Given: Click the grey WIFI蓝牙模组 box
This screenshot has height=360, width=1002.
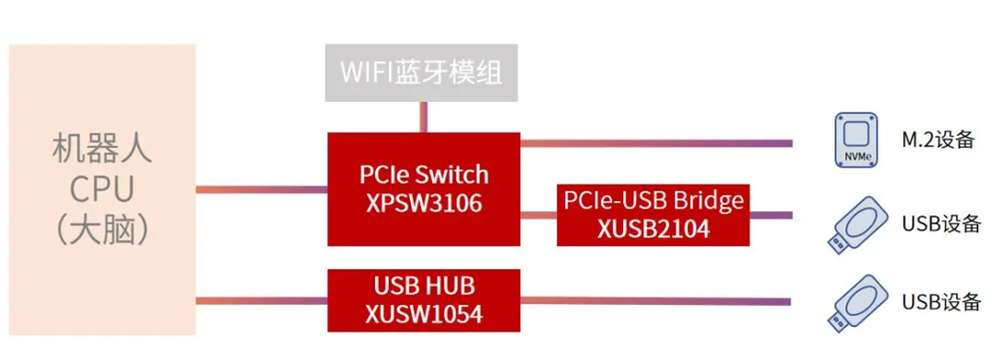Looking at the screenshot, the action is (421, 73).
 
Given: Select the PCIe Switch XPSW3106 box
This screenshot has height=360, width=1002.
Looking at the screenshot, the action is (424, 189).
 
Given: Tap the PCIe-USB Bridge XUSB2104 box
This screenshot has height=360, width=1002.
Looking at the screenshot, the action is (653, 214).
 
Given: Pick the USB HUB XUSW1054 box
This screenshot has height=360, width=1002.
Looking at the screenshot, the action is (424, 300).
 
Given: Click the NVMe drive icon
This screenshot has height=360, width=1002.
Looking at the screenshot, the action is (857, 141).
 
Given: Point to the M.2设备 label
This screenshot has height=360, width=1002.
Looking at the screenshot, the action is (938, 140).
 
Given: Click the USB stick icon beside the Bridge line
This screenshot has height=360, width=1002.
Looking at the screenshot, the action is (857, 224).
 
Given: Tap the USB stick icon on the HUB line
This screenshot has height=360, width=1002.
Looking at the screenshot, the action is (857, 303).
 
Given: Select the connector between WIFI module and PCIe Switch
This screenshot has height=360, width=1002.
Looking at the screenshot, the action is (423, 117).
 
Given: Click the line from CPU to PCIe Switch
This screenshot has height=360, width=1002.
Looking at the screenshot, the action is (261, 189).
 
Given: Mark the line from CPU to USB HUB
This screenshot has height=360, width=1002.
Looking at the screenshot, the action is (261, 300).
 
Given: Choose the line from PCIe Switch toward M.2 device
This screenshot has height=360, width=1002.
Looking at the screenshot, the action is (656, 143).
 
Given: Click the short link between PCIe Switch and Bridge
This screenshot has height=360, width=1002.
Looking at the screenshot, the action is (538, 214).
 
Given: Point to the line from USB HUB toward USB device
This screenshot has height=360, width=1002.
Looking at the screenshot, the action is (656, 301).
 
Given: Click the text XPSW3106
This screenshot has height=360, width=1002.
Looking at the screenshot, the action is (424, 203).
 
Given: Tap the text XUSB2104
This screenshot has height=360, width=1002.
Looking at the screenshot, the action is (653, 228).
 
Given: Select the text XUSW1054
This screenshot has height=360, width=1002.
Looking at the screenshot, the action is (424, 314).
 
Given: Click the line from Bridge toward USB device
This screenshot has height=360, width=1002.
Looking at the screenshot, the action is (771, 214).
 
